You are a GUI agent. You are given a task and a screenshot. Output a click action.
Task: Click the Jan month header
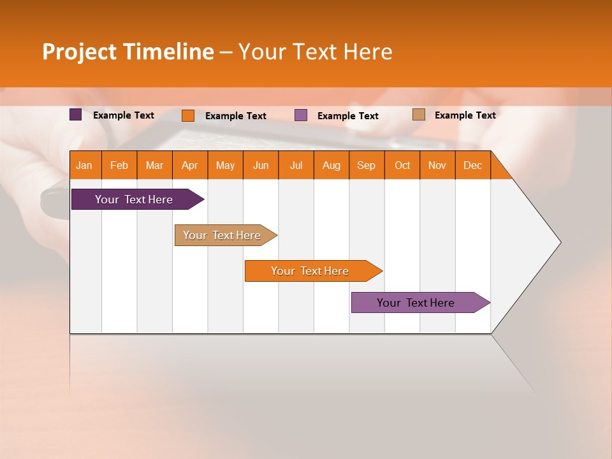pos(85,165)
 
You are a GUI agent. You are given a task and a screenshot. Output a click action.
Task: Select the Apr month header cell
pos(190,165)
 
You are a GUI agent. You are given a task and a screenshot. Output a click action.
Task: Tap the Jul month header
pos(296,165)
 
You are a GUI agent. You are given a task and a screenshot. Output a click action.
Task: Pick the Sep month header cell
pos(367,165)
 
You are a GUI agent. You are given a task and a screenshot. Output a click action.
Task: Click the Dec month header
pos(473,165)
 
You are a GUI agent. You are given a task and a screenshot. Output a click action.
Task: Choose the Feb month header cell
pos(119,165)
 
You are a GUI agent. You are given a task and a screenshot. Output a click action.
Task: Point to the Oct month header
pos(402,165)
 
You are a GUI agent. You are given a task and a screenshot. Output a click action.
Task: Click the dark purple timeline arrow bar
pos(134,200)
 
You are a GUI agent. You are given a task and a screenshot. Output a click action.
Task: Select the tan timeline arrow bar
pos(222,235)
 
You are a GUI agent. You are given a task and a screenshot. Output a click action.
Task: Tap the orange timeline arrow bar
pos(310,271)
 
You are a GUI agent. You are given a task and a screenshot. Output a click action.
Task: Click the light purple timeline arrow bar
pos(416,303)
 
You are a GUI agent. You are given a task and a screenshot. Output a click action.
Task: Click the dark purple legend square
pos(75,115)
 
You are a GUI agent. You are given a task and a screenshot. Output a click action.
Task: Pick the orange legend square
pos(187,115)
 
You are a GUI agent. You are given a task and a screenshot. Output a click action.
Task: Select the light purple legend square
pos(301,115)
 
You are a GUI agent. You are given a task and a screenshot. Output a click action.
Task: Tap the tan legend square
pos(418,115)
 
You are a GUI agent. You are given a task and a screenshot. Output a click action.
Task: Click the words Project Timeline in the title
pos(127,52)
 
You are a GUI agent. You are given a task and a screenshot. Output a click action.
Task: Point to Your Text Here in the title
pos(315,52)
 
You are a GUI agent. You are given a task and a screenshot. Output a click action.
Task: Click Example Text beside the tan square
pos(465,115)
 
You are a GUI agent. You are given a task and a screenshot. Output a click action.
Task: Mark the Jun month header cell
pos(261,165)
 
